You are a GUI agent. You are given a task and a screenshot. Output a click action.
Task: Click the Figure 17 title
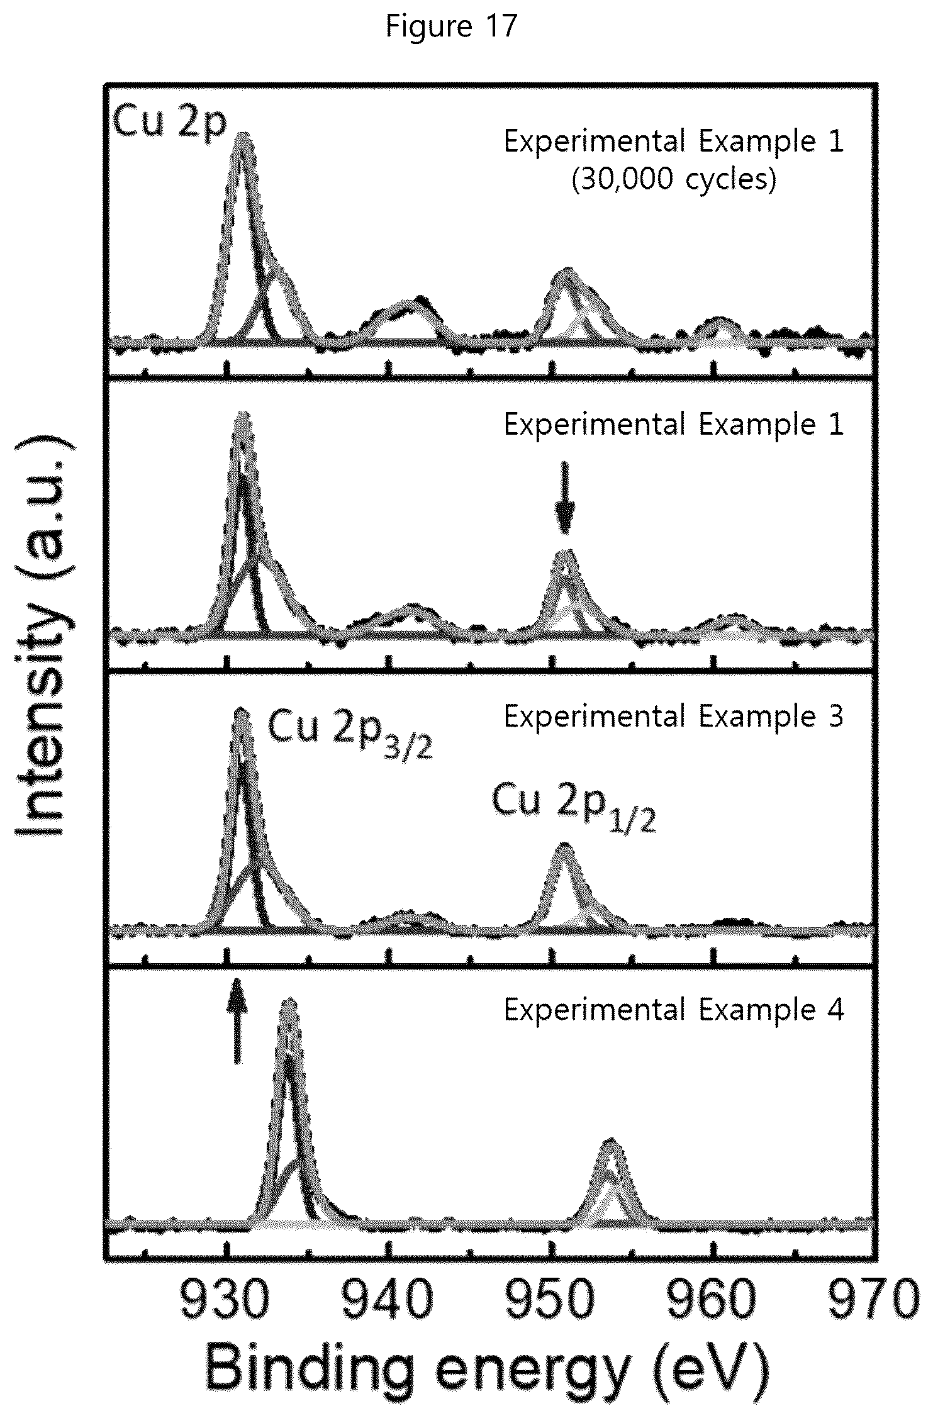coord(451,26)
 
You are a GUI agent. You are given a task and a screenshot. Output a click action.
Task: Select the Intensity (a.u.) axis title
coord(45,635)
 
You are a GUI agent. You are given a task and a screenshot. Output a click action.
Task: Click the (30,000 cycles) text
coord(673,180)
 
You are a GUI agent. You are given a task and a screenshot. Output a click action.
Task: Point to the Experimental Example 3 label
coord(673,717)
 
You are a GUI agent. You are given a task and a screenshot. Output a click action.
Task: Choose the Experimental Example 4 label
coord(673,1010)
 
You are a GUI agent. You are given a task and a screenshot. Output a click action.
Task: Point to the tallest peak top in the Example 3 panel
coord(240,711)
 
